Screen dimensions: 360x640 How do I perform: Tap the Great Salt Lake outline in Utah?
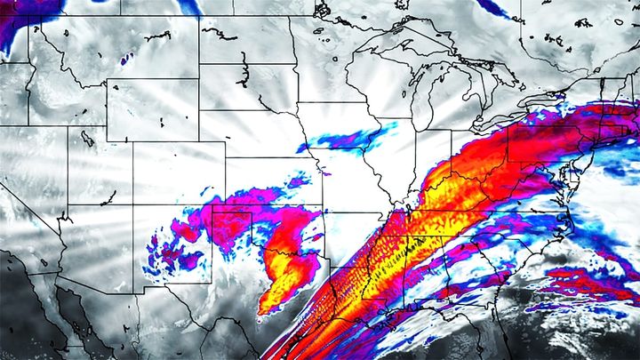(86, 138)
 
